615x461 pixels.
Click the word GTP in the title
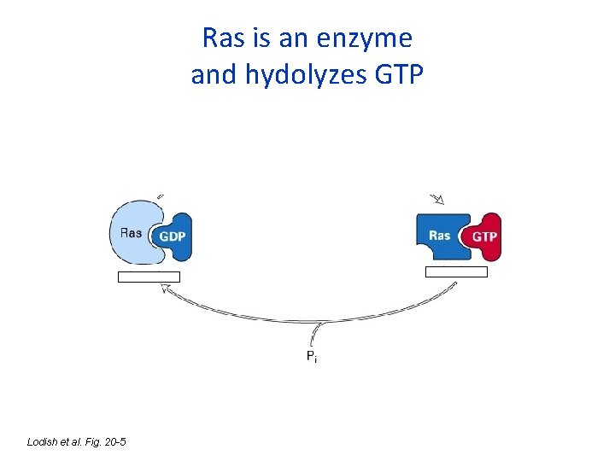[x=398, y=76]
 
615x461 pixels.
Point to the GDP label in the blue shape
[x=173, y=236]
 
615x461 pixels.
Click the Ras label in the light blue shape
[x=132, y=232]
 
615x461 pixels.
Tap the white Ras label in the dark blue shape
[x=439, y=235]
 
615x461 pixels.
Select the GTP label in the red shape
[x=484, y=236]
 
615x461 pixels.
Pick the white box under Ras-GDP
[x=149, y=277]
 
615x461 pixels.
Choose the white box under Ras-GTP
[x=456, y=272]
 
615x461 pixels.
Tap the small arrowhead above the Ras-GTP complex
[x=439, y=200]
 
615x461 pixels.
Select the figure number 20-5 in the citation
[x=114, y=441]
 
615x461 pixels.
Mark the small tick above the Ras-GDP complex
[x=161, y=194]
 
